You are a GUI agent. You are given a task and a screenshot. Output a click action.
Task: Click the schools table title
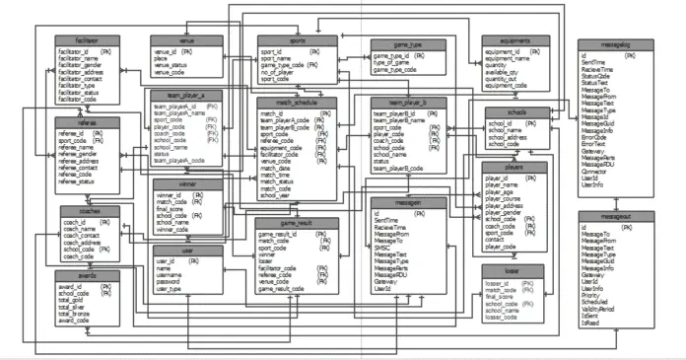pyautogui.click(x=515, y=112)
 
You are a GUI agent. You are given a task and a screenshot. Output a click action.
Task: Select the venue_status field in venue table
pyautogui.click(x=172, y=65)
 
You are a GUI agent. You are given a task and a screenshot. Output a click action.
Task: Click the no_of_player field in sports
pyautogui.click(x=280, y=73)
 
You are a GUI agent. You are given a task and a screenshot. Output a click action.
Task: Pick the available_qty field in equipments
pyautogui.click(x=502, y=71)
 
